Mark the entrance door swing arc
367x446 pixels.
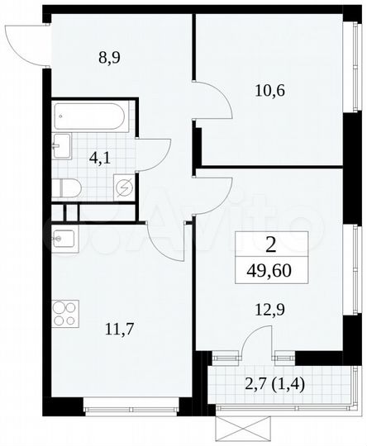22,41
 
